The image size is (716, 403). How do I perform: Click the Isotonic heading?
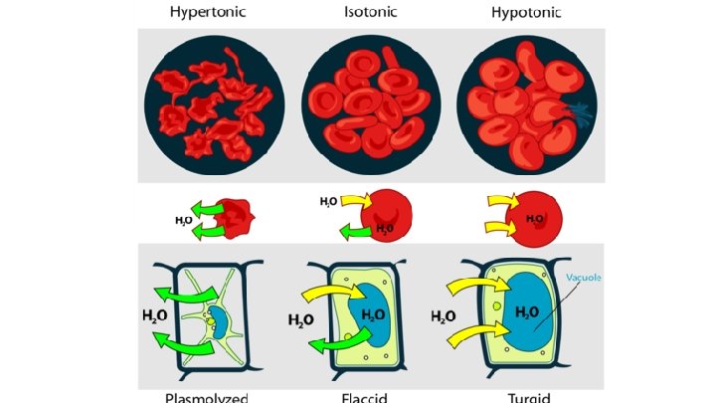point(371,12)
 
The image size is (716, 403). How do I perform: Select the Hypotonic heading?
point(527,12)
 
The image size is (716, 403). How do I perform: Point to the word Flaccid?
point(370,397)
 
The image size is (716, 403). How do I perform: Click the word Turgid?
point(526,397)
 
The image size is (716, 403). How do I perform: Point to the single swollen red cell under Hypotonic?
point(537,218)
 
